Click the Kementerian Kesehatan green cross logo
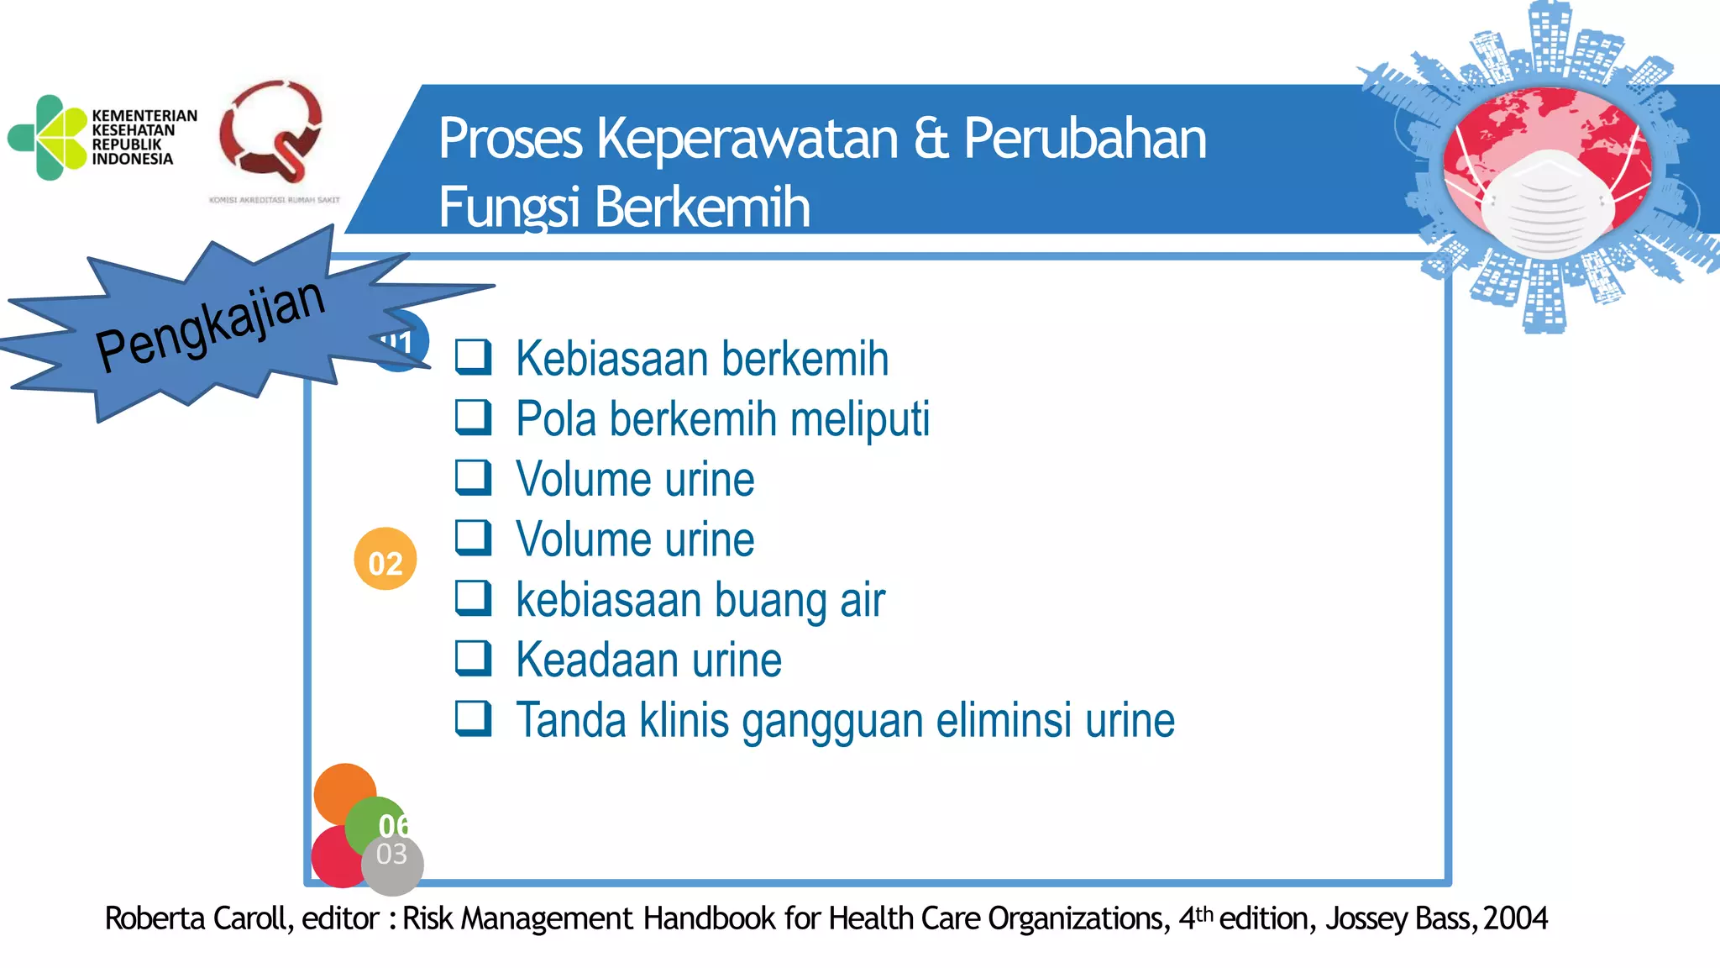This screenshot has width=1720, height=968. (x=48, y=138)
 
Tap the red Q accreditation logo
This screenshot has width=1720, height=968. (x=270, y=131)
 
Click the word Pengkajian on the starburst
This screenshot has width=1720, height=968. (x=210, y=325)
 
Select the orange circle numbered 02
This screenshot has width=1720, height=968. (x=385, y=560)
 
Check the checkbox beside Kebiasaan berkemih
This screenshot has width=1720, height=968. (x=473, y=356)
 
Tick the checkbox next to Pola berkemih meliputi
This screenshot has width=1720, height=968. (x=473, y=417)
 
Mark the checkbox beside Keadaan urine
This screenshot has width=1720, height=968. (x=473, y=658)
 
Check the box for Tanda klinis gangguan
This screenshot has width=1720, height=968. (x=473, y=718)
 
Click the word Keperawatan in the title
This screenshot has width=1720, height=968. (x=747, y=139)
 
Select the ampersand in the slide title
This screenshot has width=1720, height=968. (x=931, y=139)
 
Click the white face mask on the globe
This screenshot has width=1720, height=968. (x=1548, y=204)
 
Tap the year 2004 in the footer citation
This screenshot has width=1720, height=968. (x=1515, y=918)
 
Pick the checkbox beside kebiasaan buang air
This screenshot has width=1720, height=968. (x=473, y=597)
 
